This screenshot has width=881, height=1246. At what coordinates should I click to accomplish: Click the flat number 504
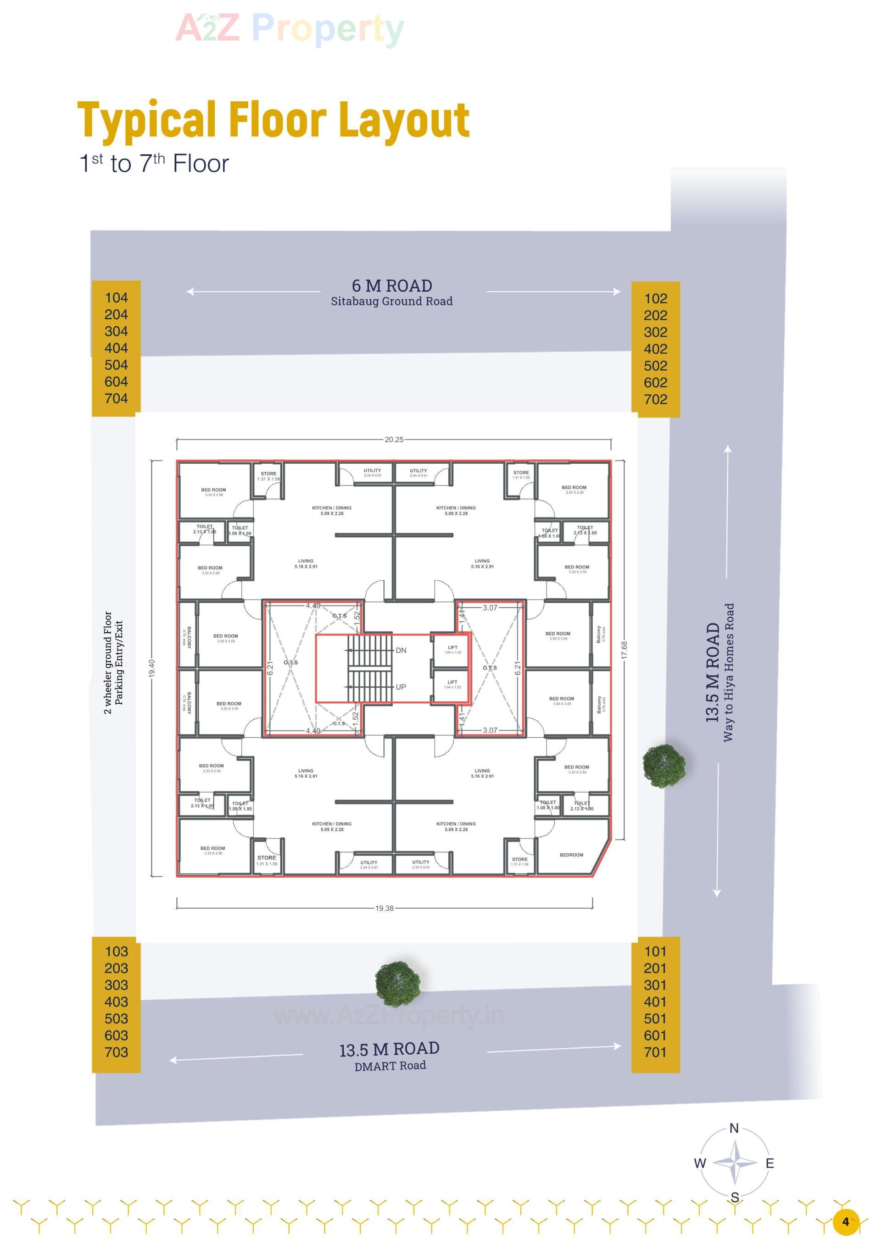click(x=116, y=365)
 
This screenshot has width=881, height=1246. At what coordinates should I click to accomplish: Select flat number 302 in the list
click(x=655, y=332)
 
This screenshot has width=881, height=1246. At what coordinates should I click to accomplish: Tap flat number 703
click(x=116, y=1052)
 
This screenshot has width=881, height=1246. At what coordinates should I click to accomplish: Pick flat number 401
click(x=655, y=1002)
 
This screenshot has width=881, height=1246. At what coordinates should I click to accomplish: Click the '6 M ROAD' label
click(x=392, y=286)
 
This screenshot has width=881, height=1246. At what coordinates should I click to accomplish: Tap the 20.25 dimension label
click(x=394, y=439)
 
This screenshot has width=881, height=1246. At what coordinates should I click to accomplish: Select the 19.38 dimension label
click(x=385, y=908)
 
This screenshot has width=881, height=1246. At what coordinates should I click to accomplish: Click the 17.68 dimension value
click(x=624, y=650)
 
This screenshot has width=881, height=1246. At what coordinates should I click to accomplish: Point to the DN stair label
click(x=401, y=650)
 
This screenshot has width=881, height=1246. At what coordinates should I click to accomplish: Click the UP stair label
click(x=401, y=687)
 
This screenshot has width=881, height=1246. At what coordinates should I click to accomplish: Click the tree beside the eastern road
click(x=664, y=765)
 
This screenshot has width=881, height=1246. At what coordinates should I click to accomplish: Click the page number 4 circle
click(x=845, y=1222)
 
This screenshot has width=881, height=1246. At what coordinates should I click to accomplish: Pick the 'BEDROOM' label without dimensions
click(x=571, y=855)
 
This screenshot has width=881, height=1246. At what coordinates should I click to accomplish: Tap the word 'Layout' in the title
click(x=404, y=121)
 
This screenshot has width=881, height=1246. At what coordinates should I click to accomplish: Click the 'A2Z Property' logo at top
click(x=290, y=28)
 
